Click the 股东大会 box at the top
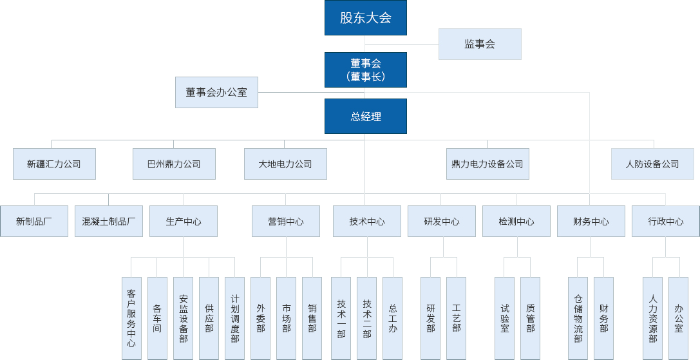[x=365, y=18]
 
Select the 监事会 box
[x=480, y=44]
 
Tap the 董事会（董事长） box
[x=365, y=70]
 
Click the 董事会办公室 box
[x=216, y=92]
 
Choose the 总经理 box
[x=365, y=117]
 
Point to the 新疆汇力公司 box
[x=54, y=164]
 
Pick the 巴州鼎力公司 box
[x=174, y=164]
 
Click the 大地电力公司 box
[x=285, y=164]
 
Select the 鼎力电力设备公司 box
[x=487, y=164]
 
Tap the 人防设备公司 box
[x=652, y=164]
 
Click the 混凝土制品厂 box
[x=109, y=221]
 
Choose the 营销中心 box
[x=285, y=221]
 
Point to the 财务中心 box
[x=591, y=221]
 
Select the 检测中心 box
[x=516, y=221]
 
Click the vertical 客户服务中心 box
[x=131, y=318]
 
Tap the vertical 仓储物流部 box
[x=578, y=318]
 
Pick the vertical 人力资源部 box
[x=652, y=318]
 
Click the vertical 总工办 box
[x=392, y=318]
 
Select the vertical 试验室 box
[x=504, y=318]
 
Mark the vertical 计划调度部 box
[x=234, y=318]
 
